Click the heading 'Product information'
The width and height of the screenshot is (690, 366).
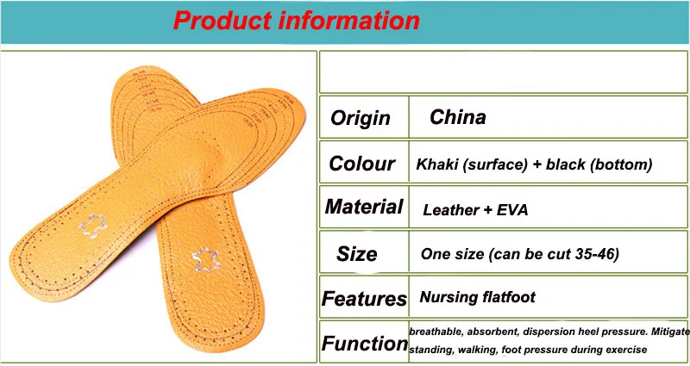pyautogui.click(x=296, y=20)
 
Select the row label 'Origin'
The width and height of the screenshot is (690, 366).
pyautogui.click(x=361, y=118)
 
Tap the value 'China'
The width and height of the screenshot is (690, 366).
pyautogui.click(x=458, y=117)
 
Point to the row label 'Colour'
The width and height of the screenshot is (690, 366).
pyautogui.click(x=361, y=164)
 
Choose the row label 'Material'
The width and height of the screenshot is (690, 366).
pyautogui.click(x=364, y=207)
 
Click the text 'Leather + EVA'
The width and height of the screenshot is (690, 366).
pyautogui.click(x=475, y=210)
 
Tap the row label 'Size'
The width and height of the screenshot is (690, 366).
pyautogui.click(x=357, y=254)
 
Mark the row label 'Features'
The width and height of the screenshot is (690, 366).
pyautogui.click(x=364, y=299)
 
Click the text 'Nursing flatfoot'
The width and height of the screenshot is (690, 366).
pyautogui.click(x=478, y=297)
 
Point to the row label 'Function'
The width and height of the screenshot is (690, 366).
pyautogui.click(x=365, y=343)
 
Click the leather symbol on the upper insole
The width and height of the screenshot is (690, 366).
pyautogui.click(x=93, y=226)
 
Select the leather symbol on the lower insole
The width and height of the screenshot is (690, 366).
pyautogui.click(x=206, y=260)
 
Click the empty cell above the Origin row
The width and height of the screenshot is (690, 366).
pyautogui.click(x=504, y=72)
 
